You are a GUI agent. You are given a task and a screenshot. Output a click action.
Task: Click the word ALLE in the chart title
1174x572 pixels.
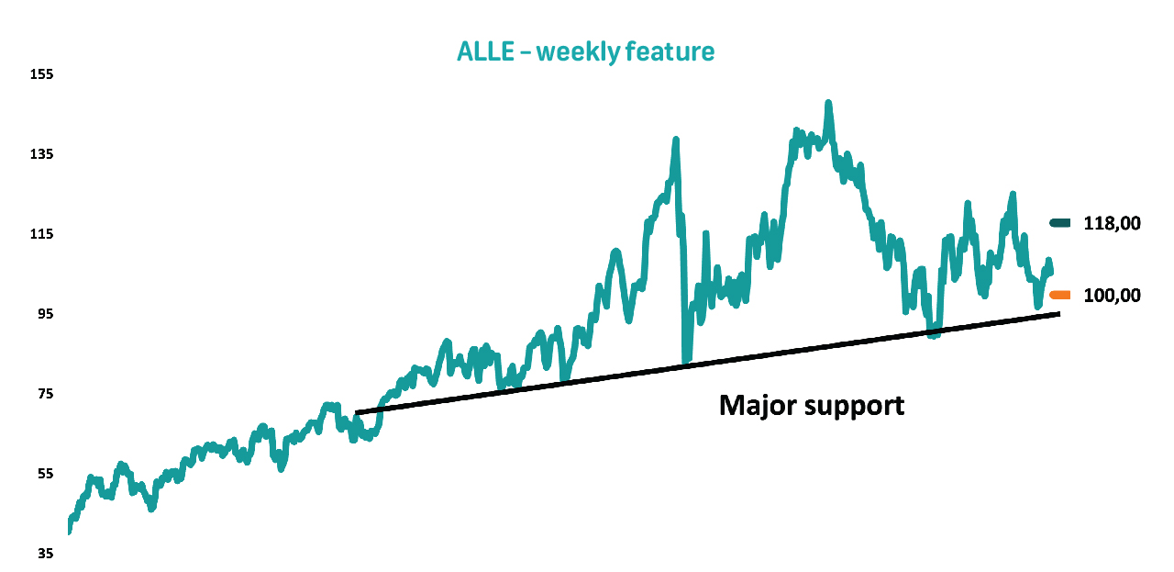pos(485,52)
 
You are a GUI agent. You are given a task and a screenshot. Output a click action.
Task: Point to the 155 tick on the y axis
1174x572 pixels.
pos(42,74)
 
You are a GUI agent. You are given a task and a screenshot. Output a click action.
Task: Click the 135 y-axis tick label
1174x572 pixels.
pos(42,154)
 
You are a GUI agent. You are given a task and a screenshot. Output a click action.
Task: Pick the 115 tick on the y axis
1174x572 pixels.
pos(42,234)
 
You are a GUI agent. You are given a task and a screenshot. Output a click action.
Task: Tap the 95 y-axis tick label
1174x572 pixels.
pos(45,314)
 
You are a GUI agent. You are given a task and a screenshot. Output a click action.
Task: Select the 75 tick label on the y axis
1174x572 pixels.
pos(45,394)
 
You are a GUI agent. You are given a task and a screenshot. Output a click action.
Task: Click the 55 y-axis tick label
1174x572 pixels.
pos(45,474)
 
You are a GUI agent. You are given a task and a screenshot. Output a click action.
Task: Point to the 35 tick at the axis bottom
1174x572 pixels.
pos(45,553)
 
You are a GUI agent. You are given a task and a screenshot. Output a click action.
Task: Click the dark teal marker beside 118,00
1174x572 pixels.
pos(1059,223)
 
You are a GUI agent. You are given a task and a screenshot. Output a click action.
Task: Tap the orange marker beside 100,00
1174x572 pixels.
pos(1059,296)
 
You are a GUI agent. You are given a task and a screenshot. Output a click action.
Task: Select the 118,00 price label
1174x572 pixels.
pos(1112,224)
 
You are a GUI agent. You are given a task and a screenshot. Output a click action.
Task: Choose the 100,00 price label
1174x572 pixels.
pos(1112,296)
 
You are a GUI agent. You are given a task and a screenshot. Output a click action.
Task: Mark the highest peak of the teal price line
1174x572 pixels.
pos(828,102)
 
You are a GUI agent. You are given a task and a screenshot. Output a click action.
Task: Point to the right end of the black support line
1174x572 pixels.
pos(1059,314)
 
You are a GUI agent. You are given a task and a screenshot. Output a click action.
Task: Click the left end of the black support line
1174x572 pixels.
pos(357,413)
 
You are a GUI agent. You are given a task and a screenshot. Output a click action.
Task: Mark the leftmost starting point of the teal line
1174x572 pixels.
pos(69,533)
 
